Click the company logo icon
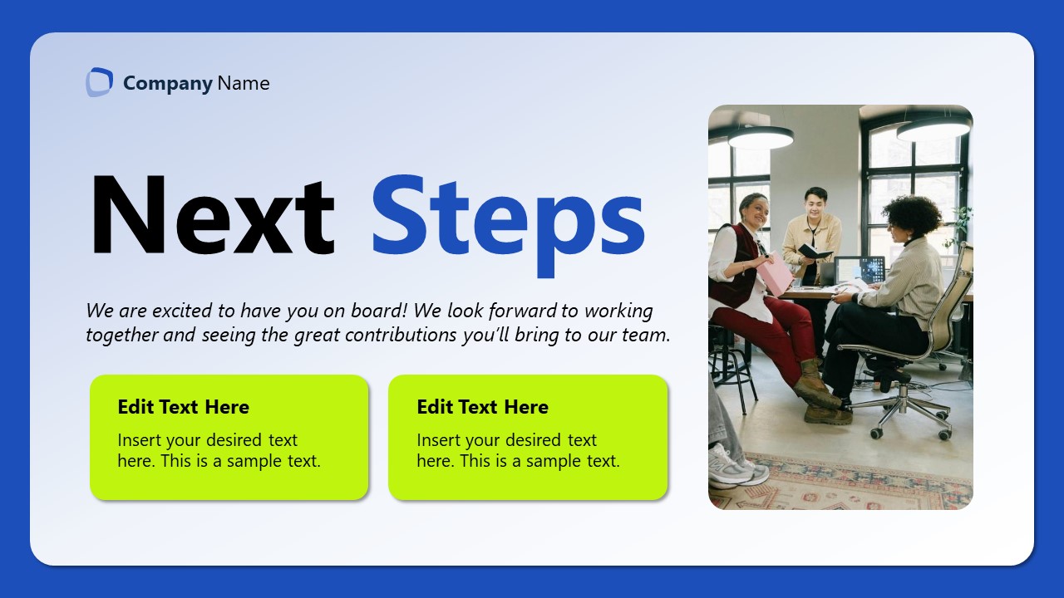99,82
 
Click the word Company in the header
168,83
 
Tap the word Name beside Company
244,83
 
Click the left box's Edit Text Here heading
183,407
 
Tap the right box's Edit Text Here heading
482,407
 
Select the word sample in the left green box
255,461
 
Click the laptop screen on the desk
861,269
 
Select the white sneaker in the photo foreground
735,467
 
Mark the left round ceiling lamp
761,138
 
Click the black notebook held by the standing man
814,251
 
